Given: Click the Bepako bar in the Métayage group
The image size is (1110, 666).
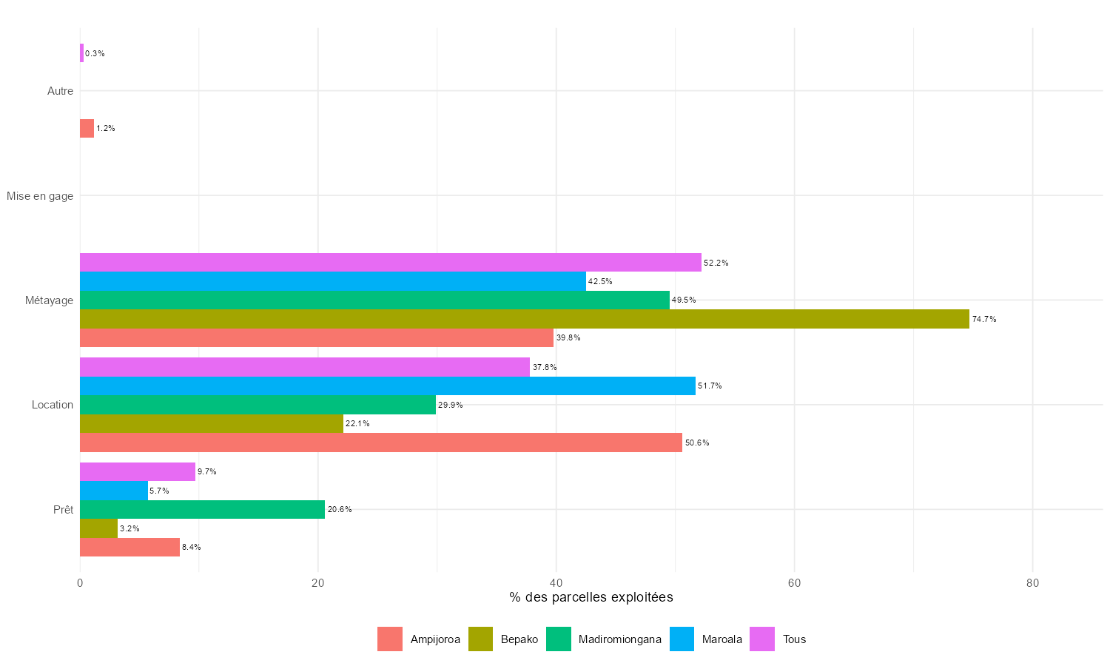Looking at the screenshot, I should (524, 319).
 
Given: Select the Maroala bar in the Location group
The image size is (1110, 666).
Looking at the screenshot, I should (387, 386).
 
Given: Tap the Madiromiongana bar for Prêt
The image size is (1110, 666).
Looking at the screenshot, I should (202, 509).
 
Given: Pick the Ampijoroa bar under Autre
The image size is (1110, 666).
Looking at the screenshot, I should (87, 129).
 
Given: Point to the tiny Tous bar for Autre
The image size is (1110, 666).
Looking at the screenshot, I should (81, 53).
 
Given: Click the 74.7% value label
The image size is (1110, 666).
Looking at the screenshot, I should (984, 319).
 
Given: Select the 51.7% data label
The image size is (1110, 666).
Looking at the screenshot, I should (710, 386).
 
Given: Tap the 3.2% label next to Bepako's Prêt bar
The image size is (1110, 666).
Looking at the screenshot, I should (129, 528).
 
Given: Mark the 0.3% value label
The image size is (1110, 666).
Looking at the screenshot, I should (95, 53).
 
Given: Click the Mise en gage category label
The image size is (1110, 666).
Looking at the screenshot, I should (40, 196).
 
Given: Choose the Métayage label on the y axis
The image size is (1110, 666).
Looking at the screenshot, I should (49, 300).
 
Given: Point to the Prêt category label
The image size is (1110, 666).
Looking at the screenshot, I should (63, 510).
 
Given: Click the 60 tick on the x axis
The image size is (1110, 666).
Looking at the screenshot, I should (794, 583).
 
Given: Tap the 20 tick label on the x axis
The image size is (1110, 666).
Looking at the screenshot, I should (318, 583).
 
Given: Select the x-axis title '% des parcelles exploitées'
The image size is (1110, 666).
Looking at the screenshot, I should (591, 597).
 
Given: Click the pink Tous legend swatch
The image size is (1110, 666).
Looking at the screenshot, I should (762, 639).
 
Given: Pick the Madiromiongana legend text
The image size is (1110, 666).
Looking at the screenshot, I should (620, 639).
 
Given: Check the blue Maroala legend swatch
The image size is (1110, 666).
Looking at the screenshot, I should (682, 639).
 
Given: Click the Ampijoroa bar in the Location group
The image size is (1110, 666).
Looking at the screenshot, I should (380, 443).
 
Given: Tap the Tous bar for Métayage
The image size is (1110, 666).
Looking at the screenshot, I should (390, 263).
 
